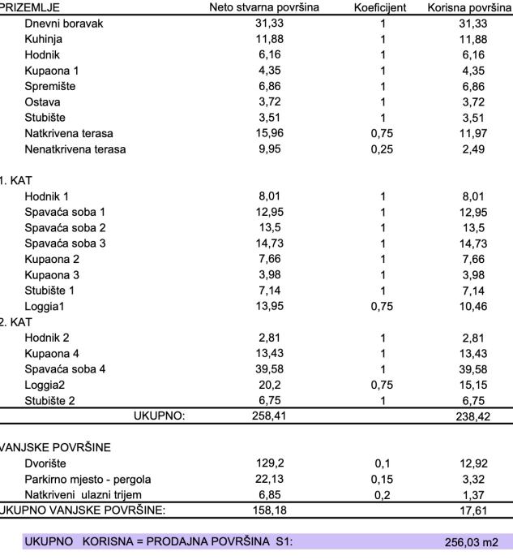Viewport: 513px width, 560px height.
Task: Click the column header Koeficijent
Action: tap(382, 8)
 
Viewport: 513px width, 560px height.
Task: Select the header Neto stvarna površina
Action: tap(267, 8)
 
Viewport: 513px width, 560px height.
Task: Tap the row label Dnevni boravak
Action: tap(64, 24)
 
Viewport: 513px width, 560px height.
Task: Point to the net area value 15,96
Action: tap(267, 133)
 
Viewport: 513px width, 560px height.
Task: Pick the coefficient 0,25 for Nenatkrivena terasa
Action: tap(382, 149)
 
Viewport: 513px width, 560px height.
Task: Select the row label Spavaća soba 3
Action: tap(65, 243)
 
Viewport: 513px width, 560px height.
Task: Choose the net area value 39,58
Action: tap(267, 368)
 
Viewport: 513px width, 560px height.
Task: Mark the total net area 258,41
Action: tap(267, 416)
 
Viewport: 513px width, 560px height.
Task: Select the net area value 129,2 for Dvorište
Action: tap(267, 463)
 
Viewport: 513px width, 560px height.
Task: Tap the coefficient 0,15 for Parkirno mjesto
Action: tap(382, 479)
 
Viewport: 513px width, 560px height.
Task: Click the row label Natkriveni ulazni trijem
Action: tap(83, 494)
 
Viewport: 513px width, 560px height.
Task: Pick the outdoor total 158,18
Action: tap(267, 510)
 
